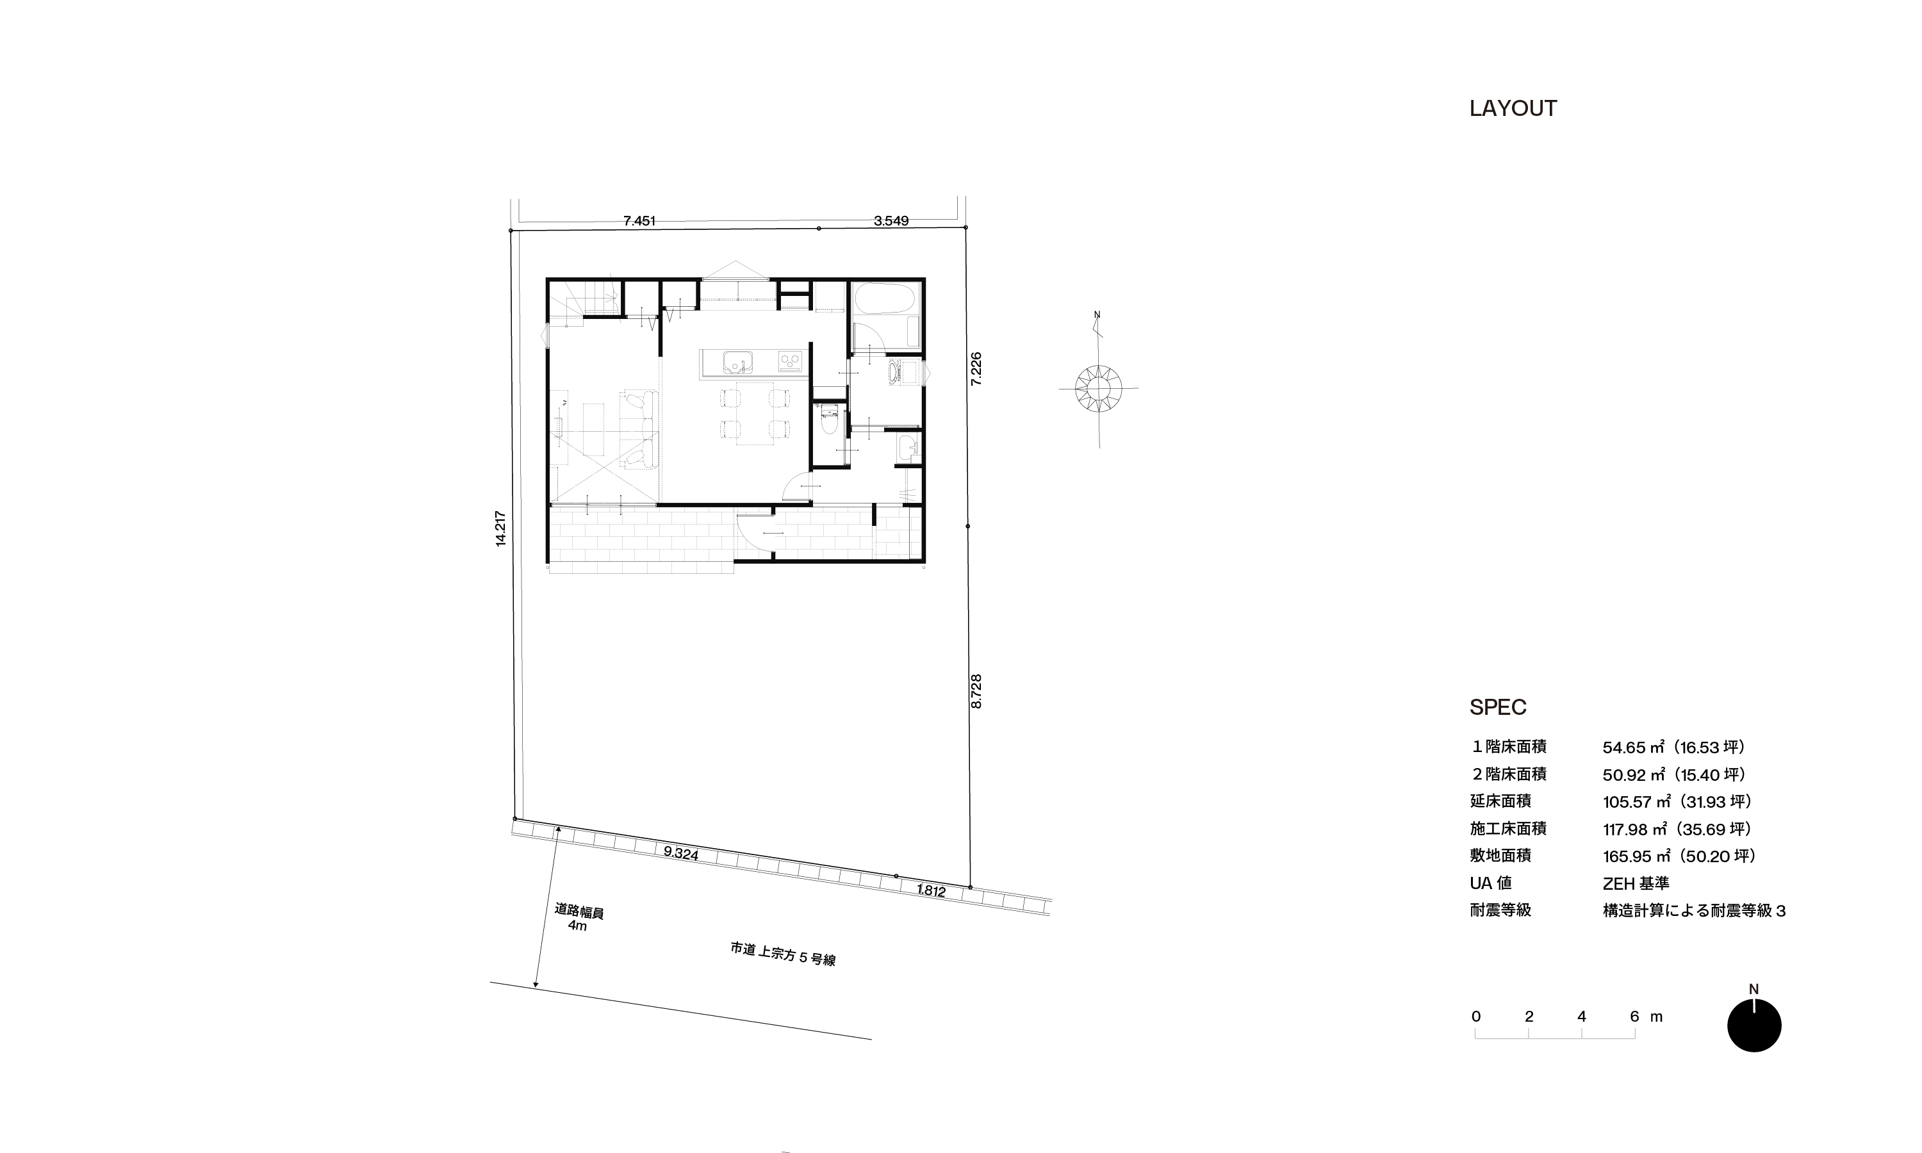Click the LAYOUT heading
pos(1513,108)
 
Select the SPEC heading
pos(1498,707)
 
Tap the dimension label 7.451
pos(639,220)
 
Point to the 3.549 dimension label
pos(891,220)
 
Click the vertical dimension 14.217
pos(500,528)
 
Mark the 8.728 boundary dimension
pos(976,691)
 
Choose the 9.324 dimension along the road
pos(680,853)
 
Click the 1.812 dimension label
pos(931,890)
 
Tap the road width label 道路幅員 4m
pos(579,917)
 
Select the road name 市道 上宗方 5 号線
pos(783,954)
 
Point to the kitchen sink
pos(737,362)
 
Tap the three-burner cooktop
pos(790,361)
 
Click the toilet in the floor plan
pos(829,421)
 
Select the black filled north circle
pos(1754,1025)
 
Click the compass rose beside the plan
pos(1099,387)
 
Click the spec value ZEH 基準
pos(1636,883)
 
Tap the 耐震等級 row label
pos(1500,910)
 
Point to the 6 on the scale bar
pos(1634,1017)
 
